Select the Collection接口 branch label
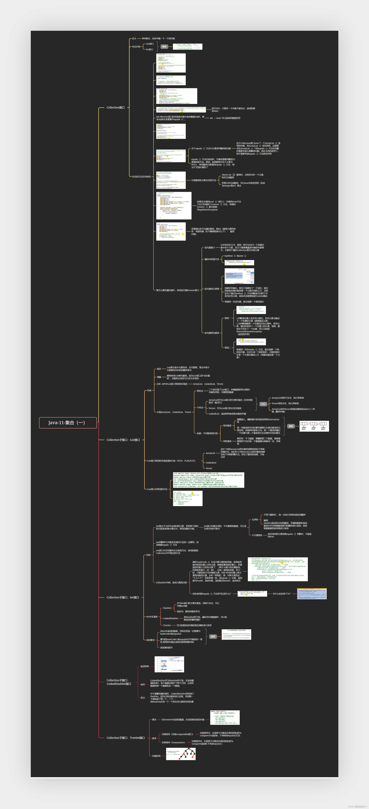[115, 107]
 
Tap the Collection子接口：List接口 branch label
[123, 440]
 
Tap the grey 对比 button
[263, 404]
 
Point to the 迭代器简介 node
[210, 248]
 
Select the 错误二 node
[227, 348]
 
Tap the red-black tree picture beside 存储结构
[181, 754]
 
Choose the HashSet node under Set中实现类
[167, 608]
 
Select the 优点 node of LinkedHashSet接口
[143, 698]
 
